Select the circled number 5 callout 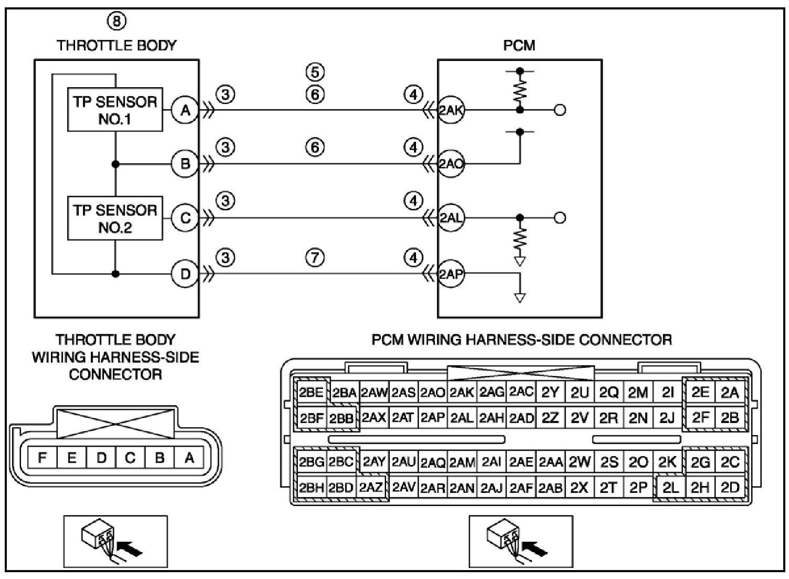(315, 72)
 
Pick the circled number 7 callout (315, 257)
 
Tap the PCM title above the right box (519, 46)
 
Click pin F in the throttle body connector (42, 458)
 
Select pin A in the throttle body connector (189, 458)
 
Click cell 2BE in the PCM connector (311, 392)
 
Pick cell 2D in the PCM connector (730, 488)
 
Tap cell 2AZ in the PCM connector (370, 488)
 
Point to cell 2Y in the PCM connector (550, 392)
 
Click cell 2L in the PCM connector (670, 488)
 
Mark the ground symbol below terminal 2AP (520, 298)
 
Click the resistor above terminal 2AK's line (520, 90)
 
